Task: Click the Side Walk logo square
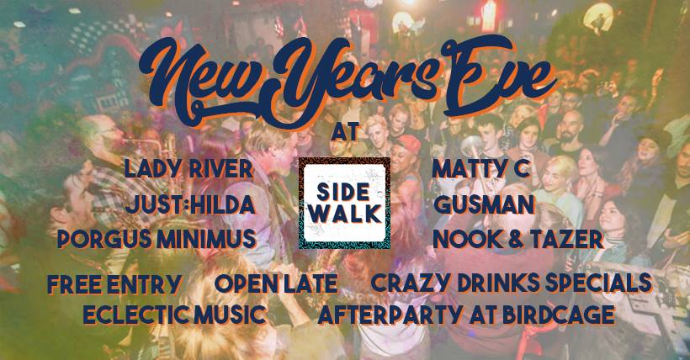click(344, 203)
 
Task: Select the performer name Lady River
click(188, 169)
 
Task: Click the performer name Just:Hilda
click(190, 204)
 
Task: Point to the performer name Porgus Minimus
click(157, 239)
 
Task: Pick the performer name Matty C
click(481, 169)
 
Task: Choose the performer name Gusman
click(484, 204)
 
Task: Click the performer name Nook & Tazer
click(518, 240)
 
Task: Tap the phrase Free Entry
click(114, 283)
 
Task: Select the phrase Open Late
click(276, 283)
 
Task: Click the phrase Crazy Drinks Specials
click(511, 283)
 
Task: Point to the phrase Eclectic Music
click(175, 315)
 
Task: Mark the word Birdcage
click(559, 315)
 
